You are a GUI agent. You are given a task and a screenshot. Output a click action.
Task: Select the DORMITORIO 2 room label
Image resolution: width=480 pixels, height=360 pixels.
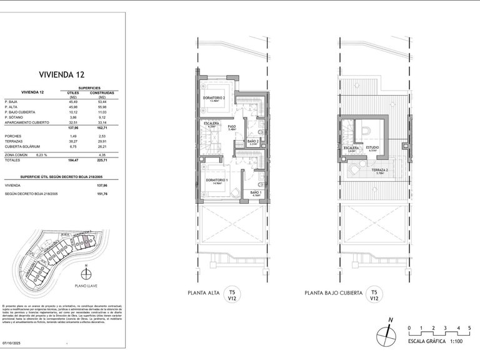tap(214, 98)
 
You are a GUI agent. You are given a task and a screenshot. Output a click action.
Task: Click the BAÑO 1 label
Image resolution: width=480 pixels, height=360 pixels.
tap(256, 192)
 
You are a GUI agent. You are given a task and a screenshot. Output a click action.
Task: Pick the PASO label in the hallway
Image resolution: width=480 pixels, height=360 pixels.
tap(231, 126)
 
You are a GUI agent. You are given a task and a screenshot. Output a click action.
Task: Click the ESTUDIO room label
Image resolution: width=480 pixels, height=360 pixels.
tap(373, 147)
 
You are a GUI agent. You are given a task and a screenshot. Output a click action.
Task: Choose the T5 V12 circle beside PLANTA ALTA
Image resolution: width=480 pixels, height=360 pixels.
tap(232, 294)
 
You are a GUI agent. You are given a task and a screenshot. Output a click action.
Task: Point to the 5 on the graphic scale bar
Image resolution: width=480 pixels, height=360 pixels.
tap(468, 328)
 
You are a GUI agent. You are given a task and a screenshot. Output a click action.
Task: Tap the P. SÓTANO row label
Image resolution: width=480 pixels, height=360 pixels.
tap(14, 117)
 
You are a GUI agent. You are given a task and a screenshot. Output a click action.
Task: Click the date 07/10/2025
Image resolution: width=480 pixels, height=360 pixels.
tap(12, 342)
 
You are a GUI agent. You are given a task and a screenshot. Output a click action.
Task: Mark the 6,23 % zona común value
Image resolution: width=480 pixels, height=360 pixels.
tap(41, 154)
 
